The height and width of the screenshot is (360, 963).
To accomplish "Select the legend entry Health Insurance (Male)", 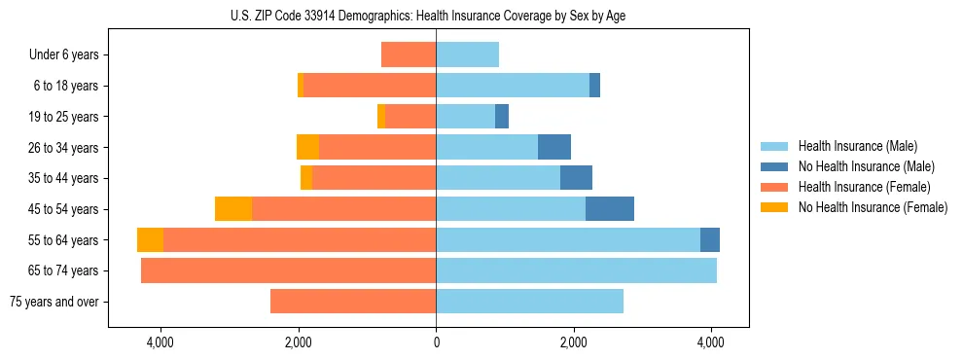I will pyautogui.click(x=857, y=146).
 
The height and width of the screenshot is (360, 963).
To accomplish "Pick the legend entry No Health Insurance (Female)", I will pyautogui.click(x=873, y=207).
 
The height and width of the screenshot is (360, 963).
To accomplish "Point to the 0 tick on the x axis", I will pyautogui.click(x=436, y=342).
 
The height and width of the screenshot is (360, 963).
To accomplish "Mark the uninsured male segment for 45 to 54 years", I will pyautogui.click(x=610, y=209).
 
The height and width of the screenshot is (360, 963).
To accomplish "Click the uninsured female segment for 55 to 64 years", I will pyautogui.click(x=150, y=240).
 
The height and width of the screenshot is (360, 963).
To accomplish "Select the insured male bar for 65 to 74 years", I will pyautogui.click(x=576, y=270).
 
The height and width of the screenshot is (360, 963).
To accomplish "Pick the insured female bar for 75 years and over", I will pyautogui.click(x=353, y=302).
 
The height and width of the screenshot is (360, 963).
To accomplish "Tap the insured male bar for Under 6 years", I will pyautogui.click(x=467, y=55).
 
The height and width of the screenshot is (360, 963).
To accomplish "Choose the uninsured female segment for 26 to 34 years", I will pyautogui.click(x=307, y=148).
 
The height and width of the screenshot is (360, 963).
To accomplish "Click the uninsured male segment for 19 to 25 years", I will pyautogui.click(x=502, y=117).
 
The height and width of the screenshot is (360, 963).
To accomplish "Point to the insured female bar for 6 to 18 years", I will pyautogui.click(x=370, y=86).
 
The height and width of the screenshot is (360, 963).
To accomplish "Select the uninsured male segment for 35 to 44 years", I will pyautogui.click(x=576, y=178).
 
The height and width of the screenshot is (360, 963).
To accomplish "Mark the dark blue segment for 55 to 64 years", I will pyautogui.click(x=710, y=240).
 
